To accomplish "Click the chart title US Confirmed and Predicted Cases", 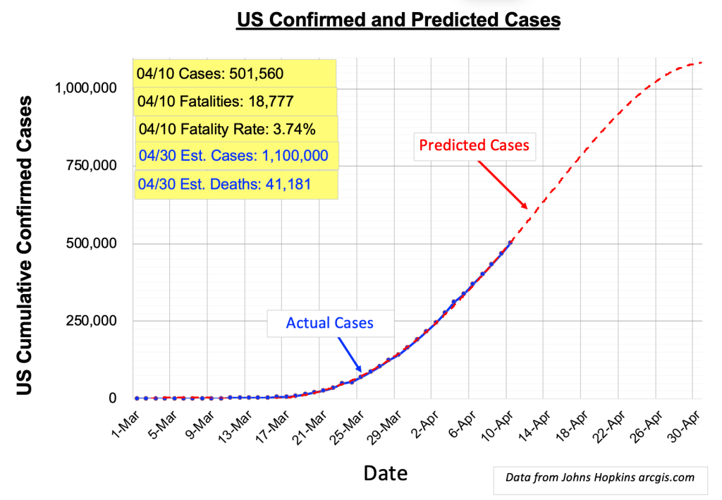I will point(398,20).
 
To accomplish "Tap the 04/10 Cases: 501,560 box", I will point(234,73).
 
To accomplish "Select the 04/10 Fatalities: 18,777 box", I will point(234,101).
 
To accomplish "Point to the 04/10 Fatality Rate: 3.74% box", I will point(236,129).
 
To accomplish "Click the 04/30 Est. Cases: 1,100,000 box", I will point(236,155).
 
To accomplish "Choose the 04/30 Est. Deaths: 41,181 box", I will point(234,184).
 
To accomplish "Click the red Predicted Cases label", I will point(474,145).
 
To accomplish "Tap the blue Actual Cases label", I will point(329,323).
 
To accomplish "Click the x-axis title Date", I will point(385,472).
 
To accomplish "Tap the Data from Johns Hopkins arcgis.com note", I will point(600,477).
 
